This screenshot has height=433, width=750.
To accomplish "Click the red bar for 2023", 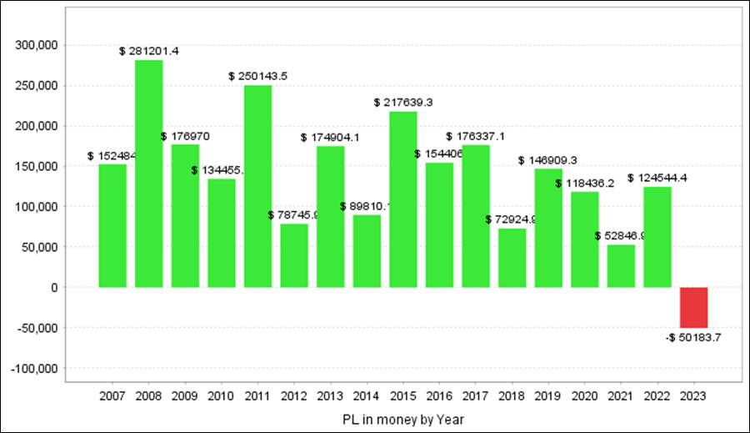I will coord(694,307).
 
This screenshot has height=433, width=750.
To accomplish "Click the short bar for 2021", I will coord(621,266).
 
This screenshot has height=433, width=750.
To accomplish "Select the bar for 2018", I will coord(512,258).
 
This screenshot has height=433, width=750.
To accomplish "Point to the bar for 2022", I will coord(657,237).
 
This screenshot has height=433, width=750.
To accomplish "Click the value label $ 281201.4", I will coord(149,52).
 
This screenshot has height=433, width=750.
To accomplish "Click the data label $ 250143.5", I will coord(258,76).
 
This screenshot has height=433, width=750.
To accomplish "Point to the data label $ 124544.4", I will coord(657,178).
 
